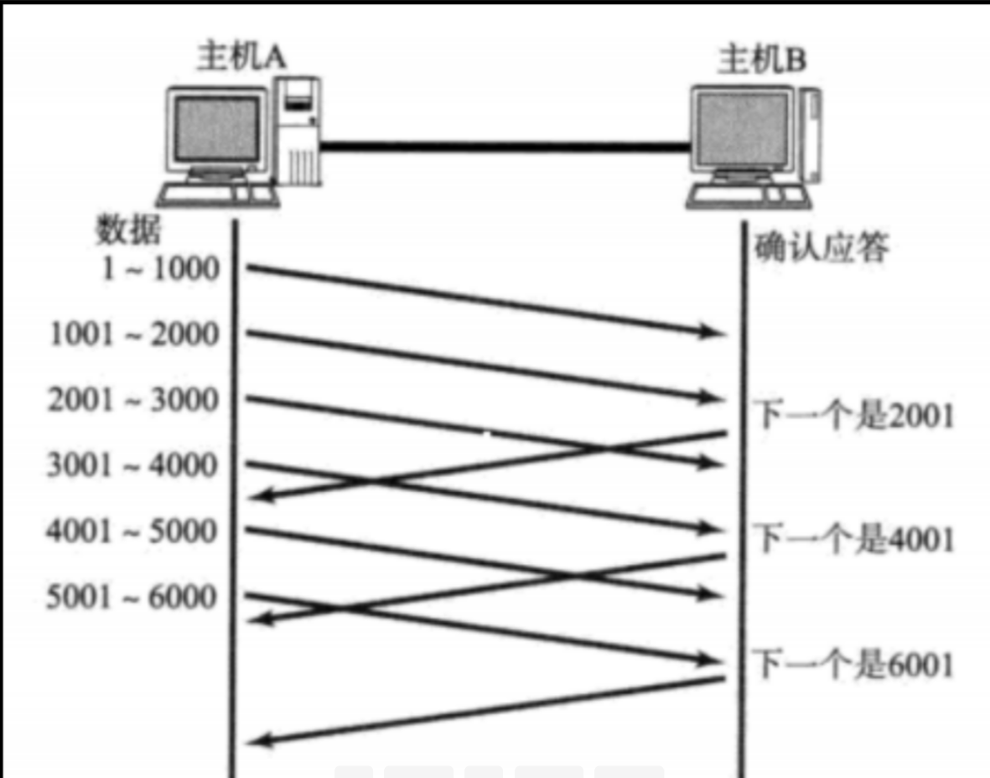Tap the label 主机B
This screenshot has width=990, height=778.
762,60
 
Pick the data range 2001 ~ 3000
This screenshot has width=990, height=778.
132,400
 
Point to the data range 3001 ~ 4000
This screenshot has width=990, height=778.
132,464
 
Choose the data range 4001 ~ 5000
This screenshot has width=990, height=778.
132,531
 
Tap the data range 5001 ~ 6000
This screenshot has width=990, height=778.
132,596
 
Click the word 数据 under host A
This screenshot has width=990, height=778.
128,229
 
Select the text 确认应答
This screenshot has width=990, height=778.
821,248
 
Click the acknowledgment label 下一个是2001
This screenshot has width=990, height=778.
855,415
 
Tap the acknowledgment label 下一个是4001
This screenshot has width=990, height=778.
855,539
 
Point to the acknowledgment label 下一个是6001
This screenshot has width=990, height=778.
855,665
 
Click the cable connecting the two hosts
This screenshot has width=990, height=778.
503,148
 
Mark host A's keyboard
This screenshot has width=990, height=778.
217,195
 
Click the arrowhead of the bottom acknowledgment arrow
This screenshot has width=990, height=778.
260,740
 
